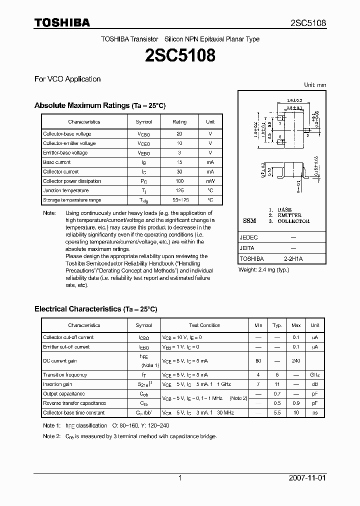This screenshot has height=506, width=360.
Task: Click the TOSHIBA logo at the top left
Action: tap(62, 23)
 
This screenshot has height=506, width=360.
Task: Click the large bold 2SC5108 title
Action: tap(180, 55)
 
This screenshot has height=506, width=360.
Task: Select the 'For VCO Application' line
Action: tap(67, 79)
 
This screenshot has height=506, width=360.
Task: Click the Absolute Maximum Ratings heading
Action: tap(99, 105)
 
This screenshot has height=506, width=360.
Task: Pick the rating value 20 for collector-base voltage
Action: tap(179, 134)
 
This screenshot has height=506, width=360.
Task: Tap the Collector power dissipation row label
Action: tap(72, 181)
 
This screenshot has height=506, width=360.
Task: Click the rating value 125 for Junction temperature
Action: tap(179, 190)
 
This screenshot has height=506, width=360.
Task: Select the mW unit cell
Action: tap(210, 181)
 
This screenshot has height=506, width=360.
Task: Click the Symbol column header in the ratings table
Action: tap(143, 121)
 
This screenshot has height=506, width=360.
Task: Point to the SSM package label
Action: tap(249, 221)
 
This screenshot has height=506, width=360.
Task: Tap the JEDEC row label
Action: tap(249, 238)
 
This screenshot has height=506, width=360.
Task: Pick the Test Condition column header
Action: tap(204, 325)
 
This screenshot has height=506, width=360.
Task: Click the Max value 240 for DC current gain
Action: tap(296, 360)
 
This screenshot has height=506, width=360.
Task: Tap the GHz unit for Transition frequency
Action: tap(314, 375)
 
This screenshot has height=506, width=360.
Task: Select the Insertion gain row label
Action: tap(59, 384)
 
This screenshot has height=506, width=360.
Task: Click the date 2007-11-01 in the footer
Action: tap(307, 478)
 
